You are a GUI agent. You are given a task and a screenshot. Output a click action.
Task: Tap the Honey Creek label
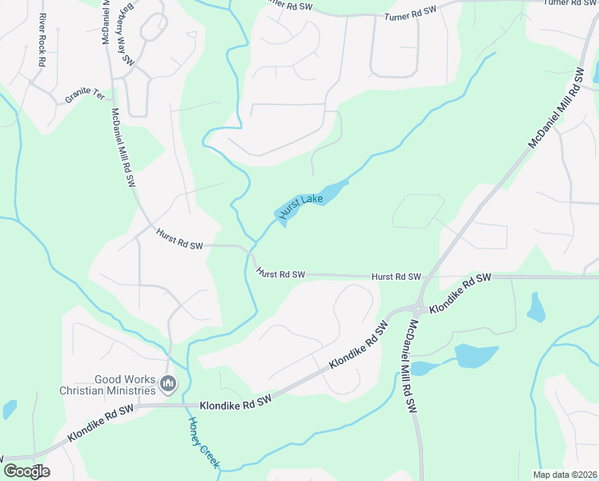point(203,442)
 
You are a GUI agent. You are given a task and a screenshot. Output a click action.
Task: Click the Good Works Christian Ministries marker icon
point(168,386)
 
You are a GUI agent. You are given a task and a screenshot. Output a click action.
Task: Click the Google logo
point(26,471)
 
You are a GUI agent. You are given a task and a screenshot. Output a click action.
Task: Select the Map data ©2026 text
point(565,475)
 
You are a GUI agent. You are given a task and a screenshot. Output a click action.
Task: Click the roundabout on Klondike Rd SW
point(417,308)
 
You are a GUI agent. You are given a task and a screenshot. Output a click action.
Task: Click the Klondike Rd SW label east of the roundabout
point(460,293)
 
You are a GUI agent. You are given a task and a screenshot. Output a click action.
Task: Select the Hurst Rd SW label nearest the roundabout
point(396,277)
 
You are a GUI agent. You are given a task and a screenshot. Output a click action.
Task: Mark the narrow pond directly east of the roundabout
point(536,307)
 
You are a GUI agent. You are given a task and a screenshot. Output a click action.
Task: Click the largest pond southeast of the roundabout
point(476,355)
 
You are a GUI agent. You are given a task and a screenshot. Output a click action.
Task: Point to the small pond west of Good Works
point(9,409)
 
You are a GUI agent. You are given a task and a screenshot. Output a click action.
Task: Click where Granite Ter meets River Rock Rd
point(31,83)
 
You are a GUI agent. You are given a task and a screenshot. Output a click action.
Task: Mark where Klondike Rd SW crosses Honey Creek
point(184,405)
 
